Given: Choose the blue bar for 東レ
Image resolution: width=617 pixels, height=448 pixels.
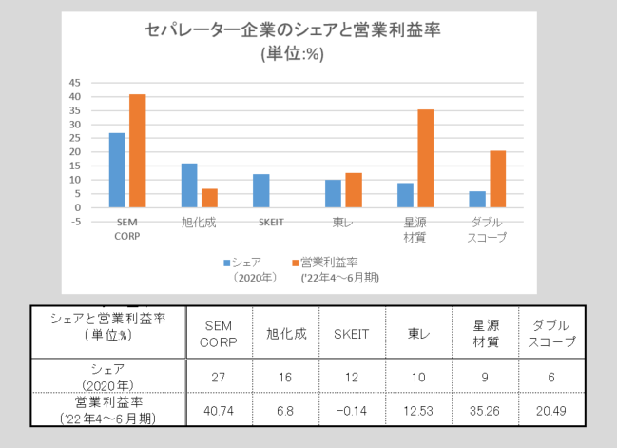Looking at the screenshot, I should click(333, 193).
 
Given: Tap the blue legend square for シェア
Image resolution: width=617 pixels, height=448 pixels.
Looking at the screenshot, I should click(227, 261).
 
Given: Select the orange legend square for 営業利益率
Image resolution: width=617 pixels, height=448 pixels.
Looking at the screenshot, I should click(295, 261).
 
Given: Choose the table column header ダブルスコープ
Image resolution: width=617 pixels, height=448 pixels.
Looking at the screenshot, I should click(550, 334).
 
